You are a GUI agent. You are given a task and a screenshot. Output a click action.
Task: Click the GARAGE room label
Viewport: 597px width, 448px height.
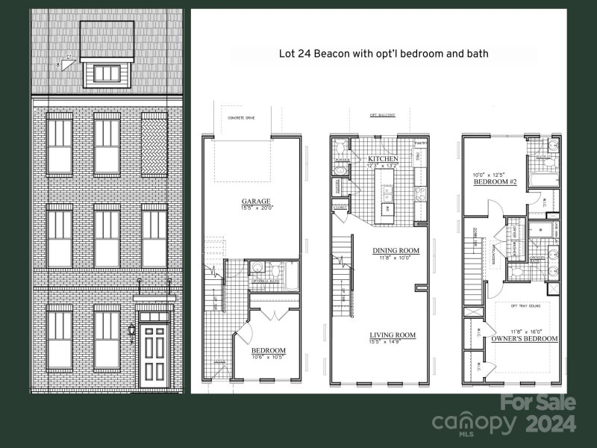(255, 201)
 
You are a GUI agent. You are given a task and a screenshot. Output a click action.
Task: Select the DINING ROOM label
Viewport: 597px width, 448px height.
(396, 251)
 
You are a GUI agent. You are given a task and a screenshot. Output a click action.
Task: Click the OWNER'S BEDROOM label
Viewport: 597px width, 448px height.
(525, 339)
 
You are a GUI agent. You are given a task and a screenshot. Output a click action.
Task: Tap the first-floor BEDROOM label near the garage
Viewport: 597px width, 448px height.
(268, 350)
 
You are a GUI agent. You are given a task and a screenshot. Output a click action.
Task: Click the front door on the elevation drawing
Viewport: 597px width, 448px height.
(157, 355)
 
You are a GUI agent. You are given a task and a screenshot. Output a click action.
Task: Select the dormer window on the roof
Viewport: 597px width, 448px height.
(107, 73)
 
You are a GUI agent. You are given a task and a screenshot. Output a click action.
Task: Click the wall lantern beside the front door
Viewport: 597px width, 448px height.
(131, 329)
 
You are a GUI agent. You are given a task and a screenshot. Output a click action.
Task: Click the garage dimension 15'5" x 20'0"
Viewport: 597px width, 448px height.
(255, 208)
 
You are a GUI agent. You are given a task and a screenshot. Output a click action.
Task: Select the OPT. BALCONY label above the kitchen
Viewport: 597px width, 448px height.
(384, 116)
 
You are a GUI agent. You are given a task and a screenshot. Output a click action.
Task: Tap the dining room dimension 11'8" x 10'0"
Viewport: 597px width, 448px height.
(396, 258)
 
